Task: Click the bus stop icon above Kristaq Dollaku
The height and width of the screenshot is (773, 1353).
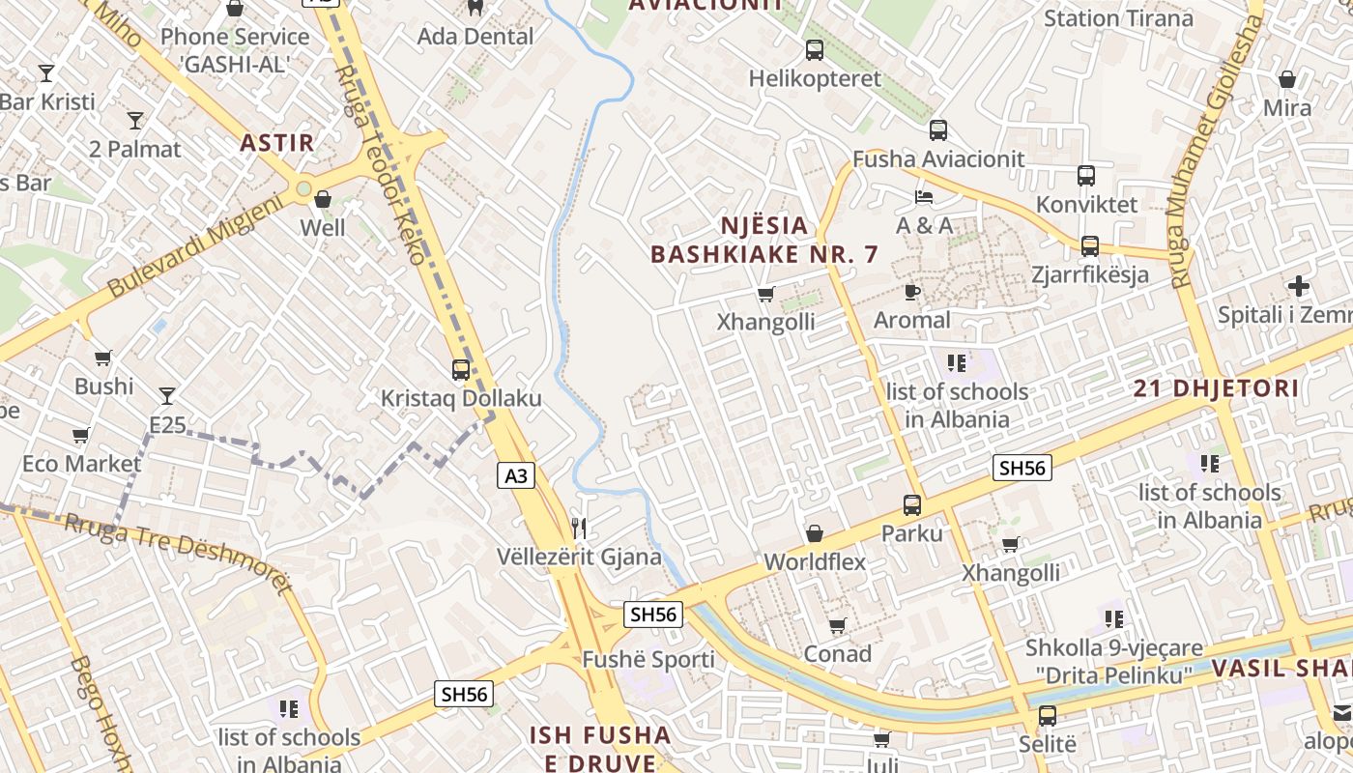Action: coord(461,370)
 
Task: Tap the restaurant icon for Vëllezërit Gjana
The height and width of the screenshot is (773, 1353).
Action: coord(579,528)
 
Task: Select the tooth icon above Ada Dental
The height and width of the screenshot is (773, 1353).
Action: coord(475,8)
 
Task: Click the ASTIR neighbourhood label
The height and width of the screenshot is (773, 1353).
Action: coord(277,144)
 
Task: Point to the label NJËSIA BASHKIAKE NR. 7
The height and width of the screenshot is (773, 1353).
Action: coord(764,241)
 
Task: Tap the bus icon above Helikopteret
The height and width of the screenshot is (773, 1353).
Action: coord(815,50)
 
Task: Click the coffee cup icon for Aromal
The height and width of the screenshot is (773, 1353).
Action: coord(911,291)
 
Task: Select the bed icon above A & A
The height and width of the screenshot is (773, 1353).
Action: coord(924,197)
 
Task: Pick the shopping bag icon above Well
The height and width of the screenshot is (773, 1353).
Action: coord(323,199)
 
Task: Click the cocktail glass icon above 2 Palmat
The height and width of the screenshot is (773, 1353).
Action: coord(135,121)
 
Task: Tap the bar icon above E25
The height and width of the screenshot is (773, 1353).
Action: coord(167,395)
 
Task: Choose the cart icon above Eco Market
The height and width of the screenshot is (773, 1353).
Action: coord(81,435)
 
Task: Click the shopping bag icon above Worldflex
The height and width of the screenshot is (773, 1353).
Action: coord(815,533)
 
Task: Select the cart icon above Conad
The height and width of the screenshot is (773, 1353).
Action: coord(838,625)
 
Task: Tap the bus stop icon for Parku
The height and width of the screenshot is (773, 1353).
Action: coord(911,504)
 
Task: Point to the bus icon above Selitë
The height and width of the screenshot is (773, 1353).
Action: coord(1048,716)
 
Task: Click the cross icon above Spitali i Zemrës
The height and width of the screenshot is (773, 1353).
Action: coord(1299,286)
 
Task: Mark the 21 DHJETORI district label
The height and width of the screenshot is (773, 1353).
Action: coord(1216,389)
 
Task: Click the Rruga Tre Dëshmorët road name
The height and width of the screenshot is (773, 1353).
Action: coord(179,555)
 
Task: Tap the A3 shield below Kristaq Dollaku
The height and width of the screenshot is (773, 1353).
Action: coord(517,475)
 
